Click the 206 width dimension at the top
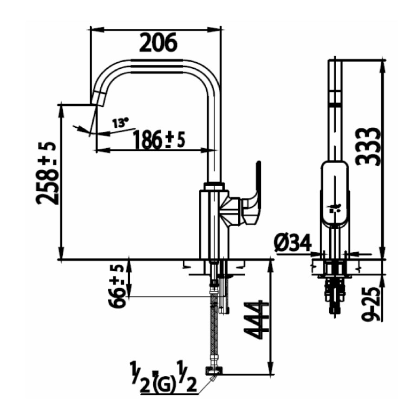point(158,43)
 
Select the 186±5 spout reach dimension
point(158,139)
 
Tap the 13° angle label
point(120,123)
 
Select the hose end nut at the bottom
point(214,371)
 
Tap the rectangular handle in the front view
point(334,190)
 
